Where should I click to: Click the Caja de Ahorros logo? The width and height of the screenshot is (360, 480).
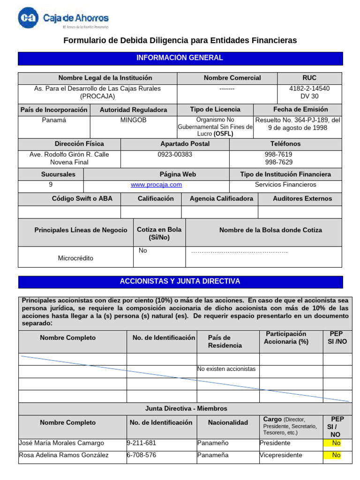(63, 19)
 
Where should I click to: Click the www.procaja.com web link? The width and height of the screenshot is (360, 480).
(156, 185)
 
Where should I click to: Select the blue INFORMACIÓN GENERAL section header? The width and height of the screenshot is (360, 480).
(180, 58)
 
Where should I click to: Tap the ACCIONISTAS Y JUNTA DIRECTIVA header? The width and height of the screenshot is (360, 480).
(180, 281)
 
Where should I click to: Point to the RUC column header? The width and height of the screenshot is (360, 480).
(309, 78)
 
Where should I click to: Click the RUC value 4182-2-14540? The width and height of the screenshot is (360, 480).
(309, 89)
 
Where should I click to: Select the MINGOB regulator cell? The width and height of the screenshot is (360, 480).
(133, 120)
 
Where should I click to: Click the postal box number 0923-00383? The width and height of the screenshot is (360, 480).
(175, 154)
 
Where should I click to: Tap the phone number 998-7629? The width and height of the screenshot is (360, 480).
(278, 162)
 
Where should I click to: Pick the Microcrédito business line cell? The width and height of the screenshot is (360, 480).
(75, 258)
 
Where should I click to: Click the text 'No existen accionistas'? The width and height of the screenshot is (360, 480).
(227, 369)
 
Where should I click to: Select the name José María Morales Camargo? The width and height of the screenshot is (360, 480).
(61, 443)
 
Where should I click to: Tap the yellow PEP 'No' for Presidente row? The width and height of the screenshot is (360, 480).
(336, 443)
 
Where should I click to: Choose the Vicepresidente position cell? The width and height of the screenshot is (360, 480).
(281, 455)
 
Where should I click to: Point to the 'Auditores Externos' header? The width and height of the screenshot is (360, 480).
(302, 199)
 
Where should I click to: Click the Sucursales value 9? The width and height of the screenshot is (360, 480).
(51, 185)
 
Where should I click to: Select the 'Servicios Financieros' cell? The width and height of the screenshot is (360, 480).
(285, 185)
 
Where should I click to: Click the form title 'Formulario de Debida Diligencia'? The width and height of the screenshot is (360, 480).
(180, 41)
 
